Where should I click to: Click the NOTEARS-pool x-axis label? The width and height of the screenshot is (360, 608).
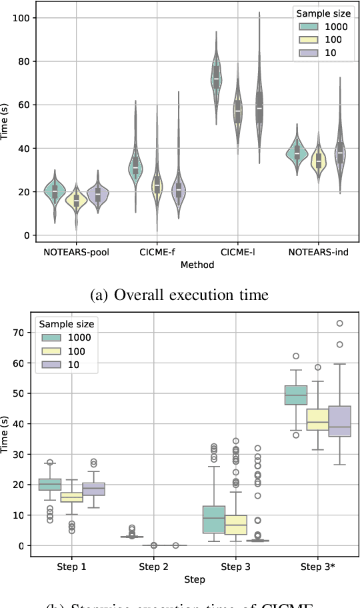pos(77,253)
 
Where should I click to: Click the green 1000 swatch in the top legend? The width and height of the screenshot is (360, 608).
pos(308,26)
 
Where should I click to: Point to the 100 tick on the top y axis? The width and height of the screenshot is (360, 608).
pos(24,17)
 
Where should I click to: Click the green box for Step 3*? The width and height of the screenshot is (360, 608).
pos(295,395)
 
